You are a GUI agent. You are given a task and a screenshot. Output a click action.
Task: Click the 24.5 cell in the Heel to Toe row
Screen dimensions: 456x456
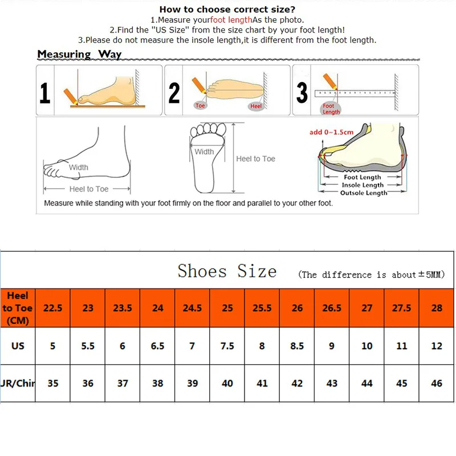192,308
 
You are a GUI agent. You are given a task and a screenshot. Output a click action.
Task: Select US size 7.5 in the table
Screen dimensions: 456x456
227,346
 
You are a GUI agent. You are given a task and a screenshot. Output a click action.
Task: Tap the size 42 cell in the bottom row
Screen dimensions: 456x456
297,384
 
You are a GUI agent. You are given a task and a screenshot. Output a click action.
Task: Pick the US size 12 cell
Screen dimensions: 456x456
437,346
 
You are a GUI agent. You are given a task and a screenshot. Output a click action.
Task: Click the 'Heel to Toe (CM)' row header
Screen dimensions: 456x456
18,308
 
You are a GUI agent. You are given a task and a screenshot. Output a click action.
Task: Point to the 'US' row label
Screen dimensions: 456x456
18,346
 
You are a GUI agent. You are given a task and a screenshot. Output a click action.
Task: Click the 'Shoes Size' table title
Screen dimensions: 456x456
227,271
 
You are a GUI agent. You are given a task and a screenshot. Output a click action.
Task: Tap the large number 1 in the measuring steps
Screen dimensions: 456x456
44,93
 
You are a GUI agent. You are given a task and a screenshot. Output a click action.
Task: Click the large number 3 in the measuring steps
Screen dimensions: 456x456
302,93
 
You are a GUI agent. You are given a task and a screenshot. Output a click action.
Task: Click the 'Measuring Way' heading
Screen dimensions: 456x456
79,54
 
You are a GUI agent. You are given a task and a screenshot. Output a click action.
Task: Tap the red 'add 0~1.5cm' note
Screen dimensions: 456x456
331,132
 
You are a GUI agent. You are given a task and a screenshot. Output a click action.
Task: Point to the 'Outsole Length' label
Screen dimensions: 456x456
363,193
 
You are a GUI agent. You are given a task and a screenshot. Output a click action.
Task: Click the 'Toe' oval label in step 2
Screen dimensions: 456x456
200,106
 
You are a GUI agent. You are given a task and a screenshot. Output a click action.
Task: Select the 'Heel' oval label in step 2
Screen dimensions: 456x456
255,107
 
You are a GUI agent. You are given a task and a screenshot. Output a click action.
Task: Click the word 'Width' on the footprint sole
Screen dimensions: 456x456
204,152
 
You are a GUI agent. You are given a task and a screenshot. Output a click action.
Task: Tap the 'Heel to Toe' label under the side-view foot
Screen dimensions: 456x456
88,189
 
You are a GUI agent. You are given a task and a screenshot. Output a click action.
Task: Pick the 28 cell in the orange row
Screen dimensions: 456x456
437,308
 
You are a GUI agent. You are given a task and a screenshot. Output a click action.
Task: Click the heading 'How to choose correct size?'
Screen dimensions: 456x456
227,9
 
